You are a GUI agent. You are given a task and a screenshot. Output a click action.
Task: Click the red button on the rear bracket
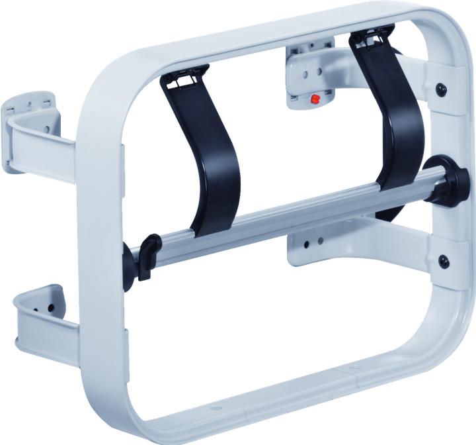click(315, 99)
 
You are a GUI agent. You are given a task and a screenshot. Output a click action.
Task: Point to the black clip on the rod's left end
click(146, 254)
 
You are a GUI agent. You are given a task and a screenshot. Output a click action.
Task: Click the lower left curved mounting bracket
click(40, 319)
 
